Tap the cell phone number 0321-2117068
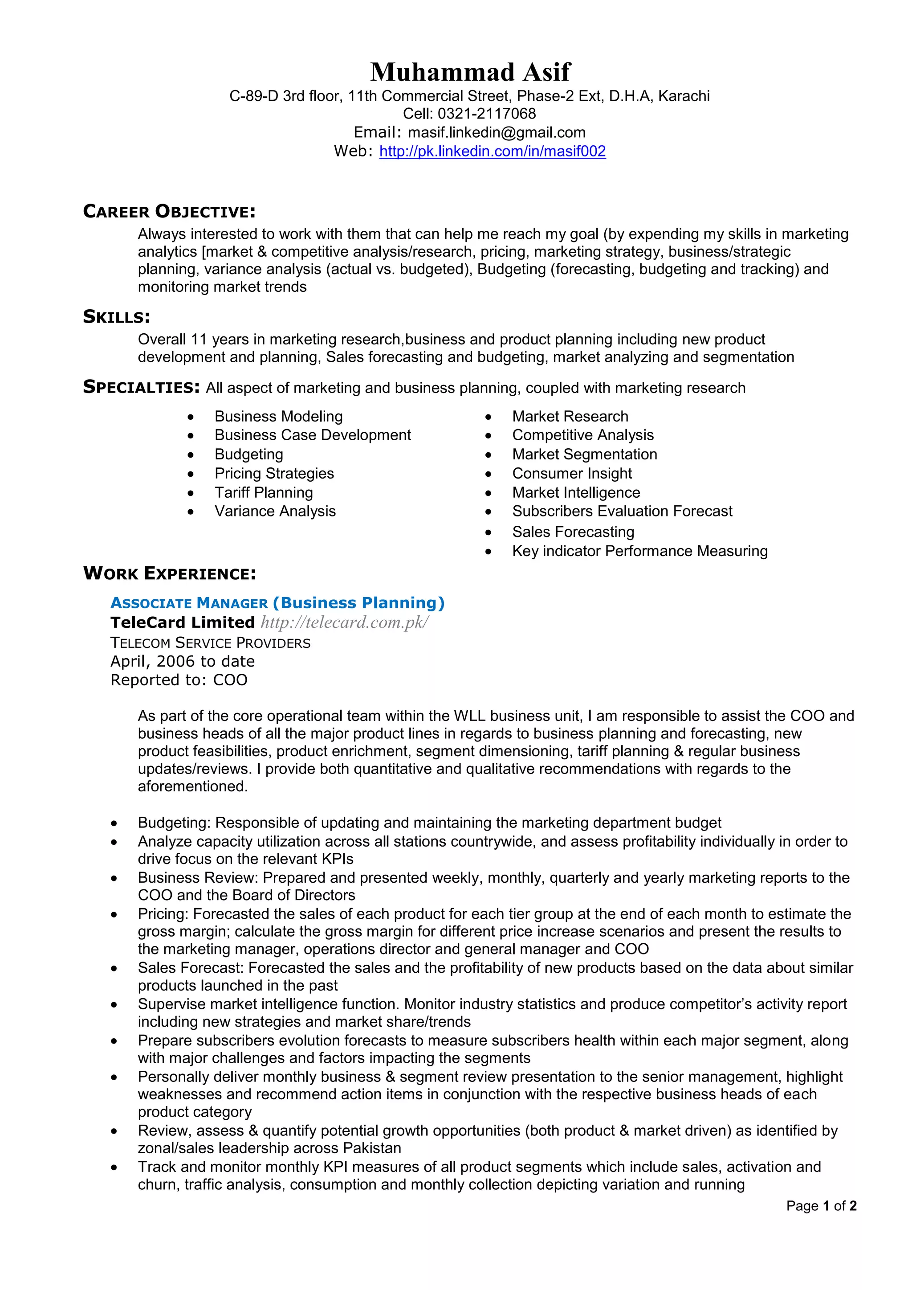[486, 114]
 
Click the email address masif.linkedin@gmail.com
[497, 133]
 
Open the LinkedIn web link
[493, 151]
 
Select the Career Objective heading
[169, 212]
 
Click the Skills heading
[116, 317]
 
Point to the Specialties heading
[141, 387]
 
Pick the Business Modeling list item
[278, 416]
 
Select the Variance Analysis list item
[275, 511]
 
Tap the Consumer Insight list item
[572, 474]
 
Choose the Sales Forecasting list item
[573, 532]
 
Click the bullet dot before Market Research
[489, 418]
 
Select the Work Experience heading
[169, 573]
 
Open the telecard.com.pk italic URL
[344, 622]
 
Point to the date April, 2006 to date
[183, 661]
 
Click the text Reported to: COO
[179, 680]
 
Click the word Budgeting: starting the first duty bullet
[174, 823]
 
